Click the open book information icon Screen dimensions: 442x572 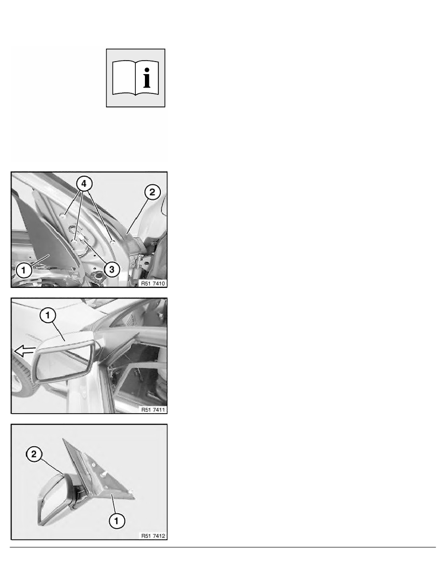[x=136, y=78]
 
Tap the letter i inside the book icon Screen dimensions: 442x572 [x=147, y=78]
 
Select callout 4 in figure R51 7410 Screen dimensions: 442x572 [x=84, y=183]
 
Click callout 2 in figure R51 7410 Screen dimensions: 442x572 [x=153, y=192]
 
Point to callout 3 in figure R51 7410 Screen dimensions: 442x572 [x=112, y=270]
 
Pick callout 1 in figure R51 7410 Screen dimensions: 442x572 [x=24, y=270]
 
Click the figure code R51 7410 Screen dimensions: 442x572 [x=153, y=283]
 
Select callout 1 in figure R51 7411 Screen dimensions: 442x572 [x=48, y=315]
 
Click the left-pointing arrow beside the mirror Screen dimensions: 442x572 [x=25, y=351]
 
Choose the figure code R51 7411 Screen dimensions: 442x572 [x=153, y=410]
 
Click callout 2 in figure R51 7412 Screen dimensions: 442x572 [x=34, y=454]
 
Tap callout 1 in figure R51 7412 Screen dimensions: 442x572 [x=117, y=520]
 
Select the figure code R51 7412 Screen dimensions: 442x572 [x=153, y=536]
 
